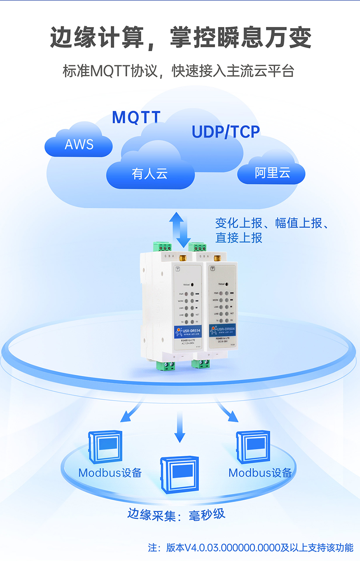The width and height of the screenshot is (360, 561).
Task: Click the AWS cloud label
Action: click(x=79, y=144)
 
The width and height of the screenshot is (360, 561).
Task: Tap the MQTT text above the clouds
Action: click(x=136, y=117)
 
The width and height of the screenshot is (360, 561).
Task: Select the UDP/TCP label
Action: click(x=226, y=132)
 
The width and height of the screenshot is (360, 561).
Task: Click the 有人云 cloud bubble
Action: click(x=150, y=174)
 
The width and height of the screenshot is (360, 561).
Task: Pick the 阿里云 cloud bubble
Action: click(x=272, y=173)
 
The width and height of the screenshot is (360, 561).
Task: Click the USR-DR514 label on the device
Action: click(x=189, y=331)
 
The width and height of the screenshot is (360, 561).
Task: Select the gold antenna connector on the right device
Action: click(x=217, y=257)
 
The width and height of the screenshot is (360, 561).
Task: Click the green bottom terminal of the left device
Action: click(x=166, y=365)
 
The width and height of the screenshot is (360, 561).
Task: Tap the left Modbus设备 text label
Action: click(x=110, y=473)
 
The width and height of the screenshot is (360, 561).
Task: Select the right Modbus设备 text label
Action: click(x=260, y=473)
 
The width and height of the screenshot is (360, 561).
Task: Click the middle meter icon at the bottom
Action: click(x=180, y=475)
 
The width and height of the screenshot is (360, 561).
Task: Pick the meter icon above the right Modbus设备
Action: click(x=253, y=447)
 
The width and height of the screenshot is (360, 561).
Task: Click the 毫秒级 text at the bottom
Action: click(x=207, y=515)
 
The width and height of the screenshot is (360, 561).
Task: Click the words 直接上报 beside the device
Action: click(x=239, y=238)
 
